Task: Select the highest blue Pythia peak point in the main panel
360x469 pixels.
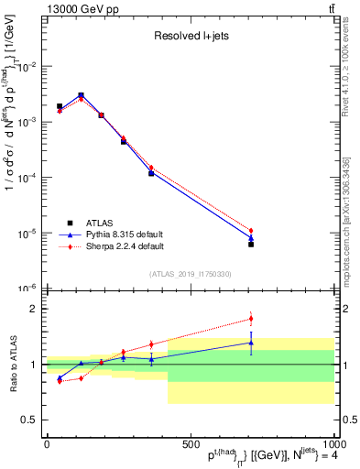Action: (x=81, y=95)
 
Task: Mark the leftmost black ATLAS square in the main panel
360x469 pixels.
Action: (x=60, y=106)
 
